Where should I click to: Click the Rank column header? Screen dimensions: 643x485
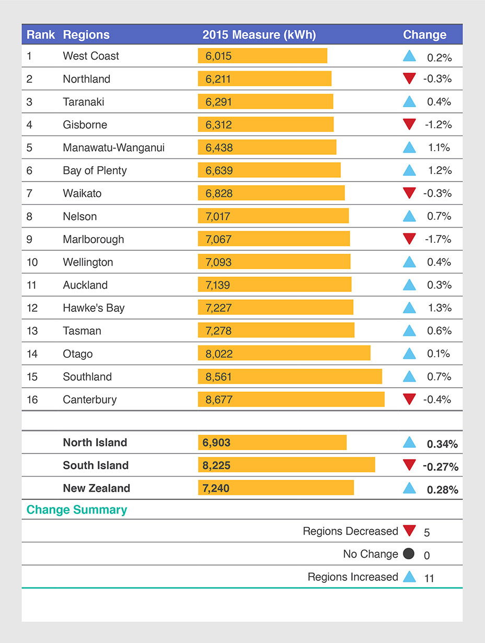[41, 35]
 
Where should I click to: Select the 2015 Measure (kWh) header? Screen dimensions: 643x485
[259, 35]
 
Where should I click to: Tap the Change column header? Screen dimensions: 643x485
[424, 35]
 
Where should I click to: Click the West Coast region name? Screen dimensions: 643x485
[91, 56]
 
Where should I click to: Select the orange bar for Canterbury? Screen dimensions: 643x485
[291, 400]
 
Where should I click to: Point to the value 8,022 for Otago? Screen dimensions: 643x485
[219, 354]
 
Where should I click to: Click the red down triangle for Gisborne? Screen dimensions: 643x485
[409, 125]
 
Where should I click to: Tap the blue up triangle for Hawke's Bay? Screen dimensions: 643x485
[409, 308]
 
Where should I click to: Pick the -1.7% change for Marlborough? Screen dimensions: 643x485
[437, 240]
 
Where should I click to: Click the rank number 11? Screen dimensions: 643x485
[32, 285]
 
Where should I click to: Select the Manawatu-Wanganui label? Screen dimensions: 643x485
[113, 148]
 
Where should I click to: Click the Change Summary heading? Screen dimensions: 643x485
[77, 510]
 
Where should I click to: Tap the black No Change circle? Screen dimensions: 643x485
[409, 554]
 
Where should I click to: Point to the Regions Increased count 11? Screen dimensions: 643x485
[429, 578]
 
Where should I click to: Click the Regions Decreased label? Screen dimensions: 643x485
[350, 532]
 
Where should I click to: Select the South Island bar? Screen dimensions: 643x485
[286, 465]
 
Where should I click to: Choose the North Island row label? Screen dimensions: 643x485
[95, 443]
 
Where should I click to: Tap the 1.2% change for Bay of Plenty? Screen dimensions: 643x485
[439, 171]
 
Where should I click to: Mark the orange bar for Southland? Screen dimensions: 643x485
[290, 377]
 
